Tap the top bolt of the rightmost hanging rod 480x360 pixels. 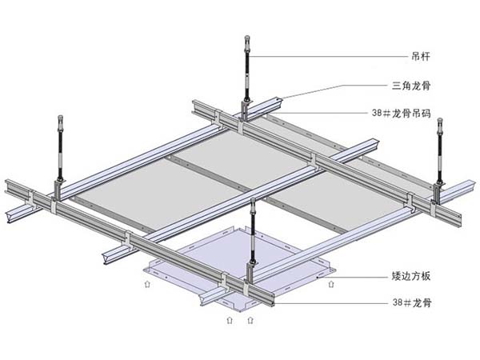[x=438, y=121]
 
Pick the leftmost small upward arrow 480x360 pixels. [x=146, y=283]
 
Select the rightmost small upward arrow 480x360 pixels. [x=332, y=282]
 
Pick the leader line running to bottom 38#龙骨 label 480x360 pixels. [x=336, y=303]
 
